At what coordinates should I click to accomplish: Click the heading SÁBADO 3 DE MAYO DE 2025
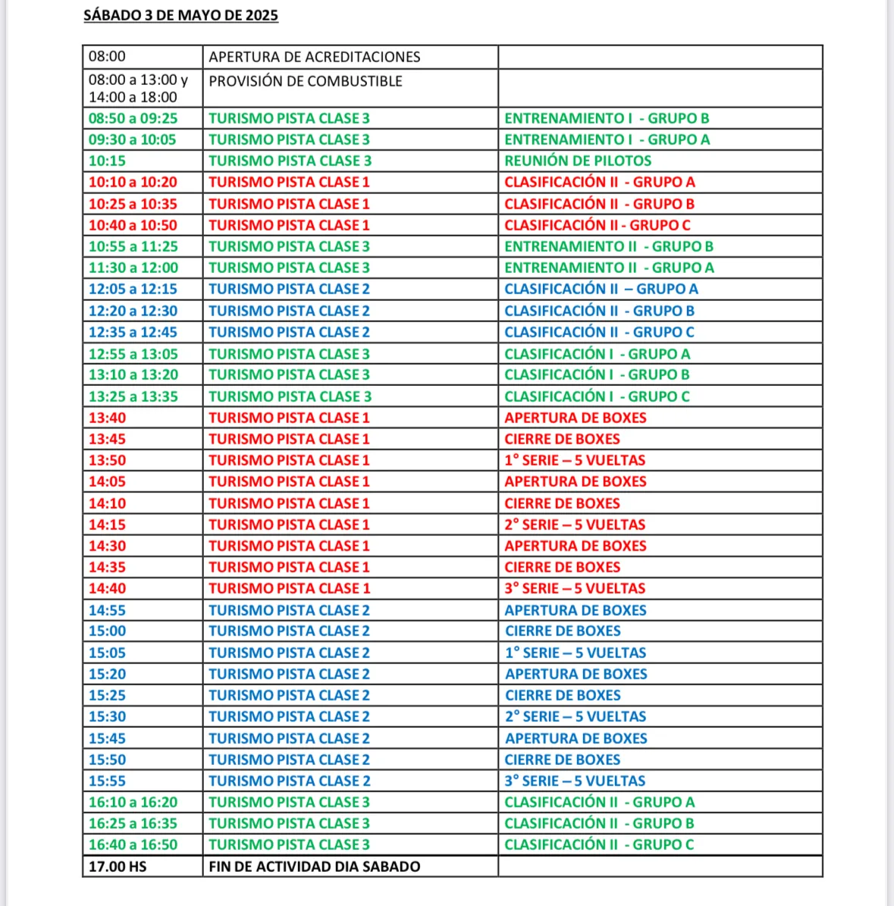pos(180,15)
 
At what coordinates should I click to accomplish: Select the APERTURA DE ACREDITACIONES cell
pos(314,57)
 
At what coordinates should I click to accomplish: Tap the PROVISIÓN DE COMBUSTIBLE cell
pos(305,81)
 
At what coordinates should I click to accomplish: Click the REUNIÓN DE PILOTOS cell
pos(578,161)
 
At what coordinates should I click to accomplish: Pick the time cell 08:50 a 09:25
pos(133,118)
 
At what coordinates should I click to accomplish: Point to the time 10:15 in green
pos(107,161)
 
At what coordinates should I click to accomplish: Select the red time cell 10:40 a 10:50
pos(133,225)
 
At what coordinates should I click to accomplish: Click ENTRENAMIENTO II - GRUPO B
pos(608,246)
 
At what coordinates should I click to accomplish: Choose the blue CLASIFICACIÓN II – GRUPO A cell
pos(601,289)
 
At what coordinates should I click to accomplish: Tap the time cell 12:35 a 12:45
pos(133,332)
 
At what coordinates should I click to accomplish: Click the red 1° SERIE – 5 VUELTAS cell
pos(575,460)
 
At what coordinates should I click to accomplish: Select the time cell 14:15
pos(107,525)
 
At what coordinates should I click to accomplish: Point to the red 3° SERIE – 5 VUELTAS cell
pos(575,588)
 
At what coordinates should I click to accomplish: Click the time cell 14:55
pos(107,610)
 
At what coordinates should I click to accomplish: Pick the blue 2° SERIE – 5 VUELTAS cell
pos(576,716)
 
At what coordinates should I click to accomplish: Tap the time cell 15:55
pos(107,781)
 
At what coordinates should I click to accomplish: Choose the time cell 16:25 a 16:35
pos(133,823)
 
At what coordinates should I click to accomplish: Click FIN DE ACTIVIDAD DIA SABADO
pos(314,867)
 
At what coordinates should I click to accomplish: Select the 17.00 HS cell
pos(118,867)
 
